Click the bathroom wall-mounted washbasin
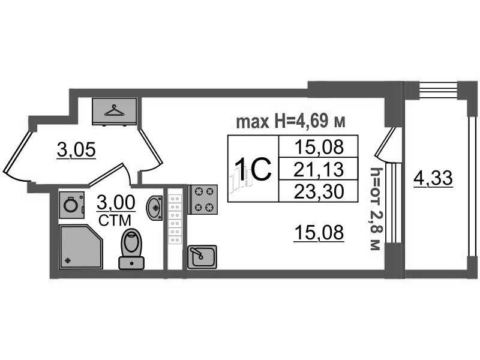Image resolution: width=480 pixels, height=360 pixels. coord(154,207)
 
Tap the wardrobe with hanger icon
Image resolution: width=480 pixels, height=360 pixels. coord(115,112)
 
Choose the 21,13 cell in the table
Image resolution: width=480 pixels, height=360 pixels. coord(319,170)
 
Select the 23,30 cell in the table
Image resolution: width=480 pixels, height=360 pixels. coord(319,191)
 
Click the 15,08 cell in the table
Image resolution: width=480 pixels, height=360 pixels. coord(319,147)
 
